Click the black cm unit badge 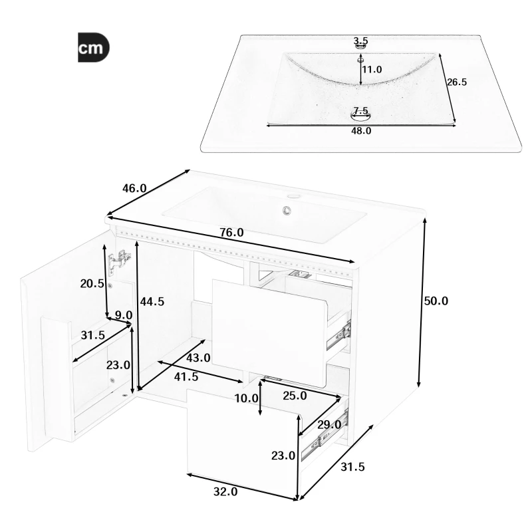[x=93, y=48]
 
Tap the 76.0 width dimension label [x=231, y=233]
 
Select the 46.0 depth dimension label [x=134, y=188]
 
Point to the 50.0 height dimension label [x=436, y=301]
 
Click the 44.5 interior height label [x=152, y=301]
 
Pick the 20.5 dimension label [x=92, y=283]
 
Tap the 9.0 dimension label [x=124, y=315]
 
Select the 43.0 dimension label [x=198, y=358]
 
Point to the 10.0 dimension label [x=246, y=398]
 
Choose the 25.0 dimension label [x=295, y=396]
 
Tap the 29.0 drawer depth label [x=329, y=424]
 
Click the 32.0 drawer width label [x=225, y=492]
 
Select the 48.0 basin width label [x=361, y=131]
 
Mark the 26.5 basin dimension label [x=457, y=82]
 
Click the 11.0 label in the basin [x=372, y=69]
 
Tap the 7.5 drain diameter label [x=361, y=110]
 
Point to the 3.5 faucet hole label [x=361, y=41]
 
